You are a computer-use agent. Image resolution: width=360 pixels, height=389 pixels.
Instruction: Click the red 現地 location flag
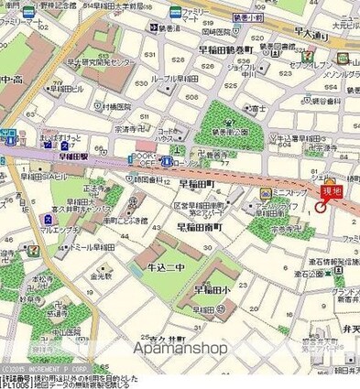(x=331, y=190)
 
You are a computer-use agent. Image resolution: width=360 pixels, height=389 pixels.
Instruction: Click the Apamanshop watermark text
(x=180, y=348)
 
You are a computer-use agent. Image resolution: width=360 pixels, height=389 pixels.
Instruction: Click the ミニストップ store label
(x=288, y=194)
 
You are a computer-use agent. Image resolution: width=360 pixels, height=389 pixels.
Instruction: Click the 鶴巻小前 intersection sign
(x=249, y=16)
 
